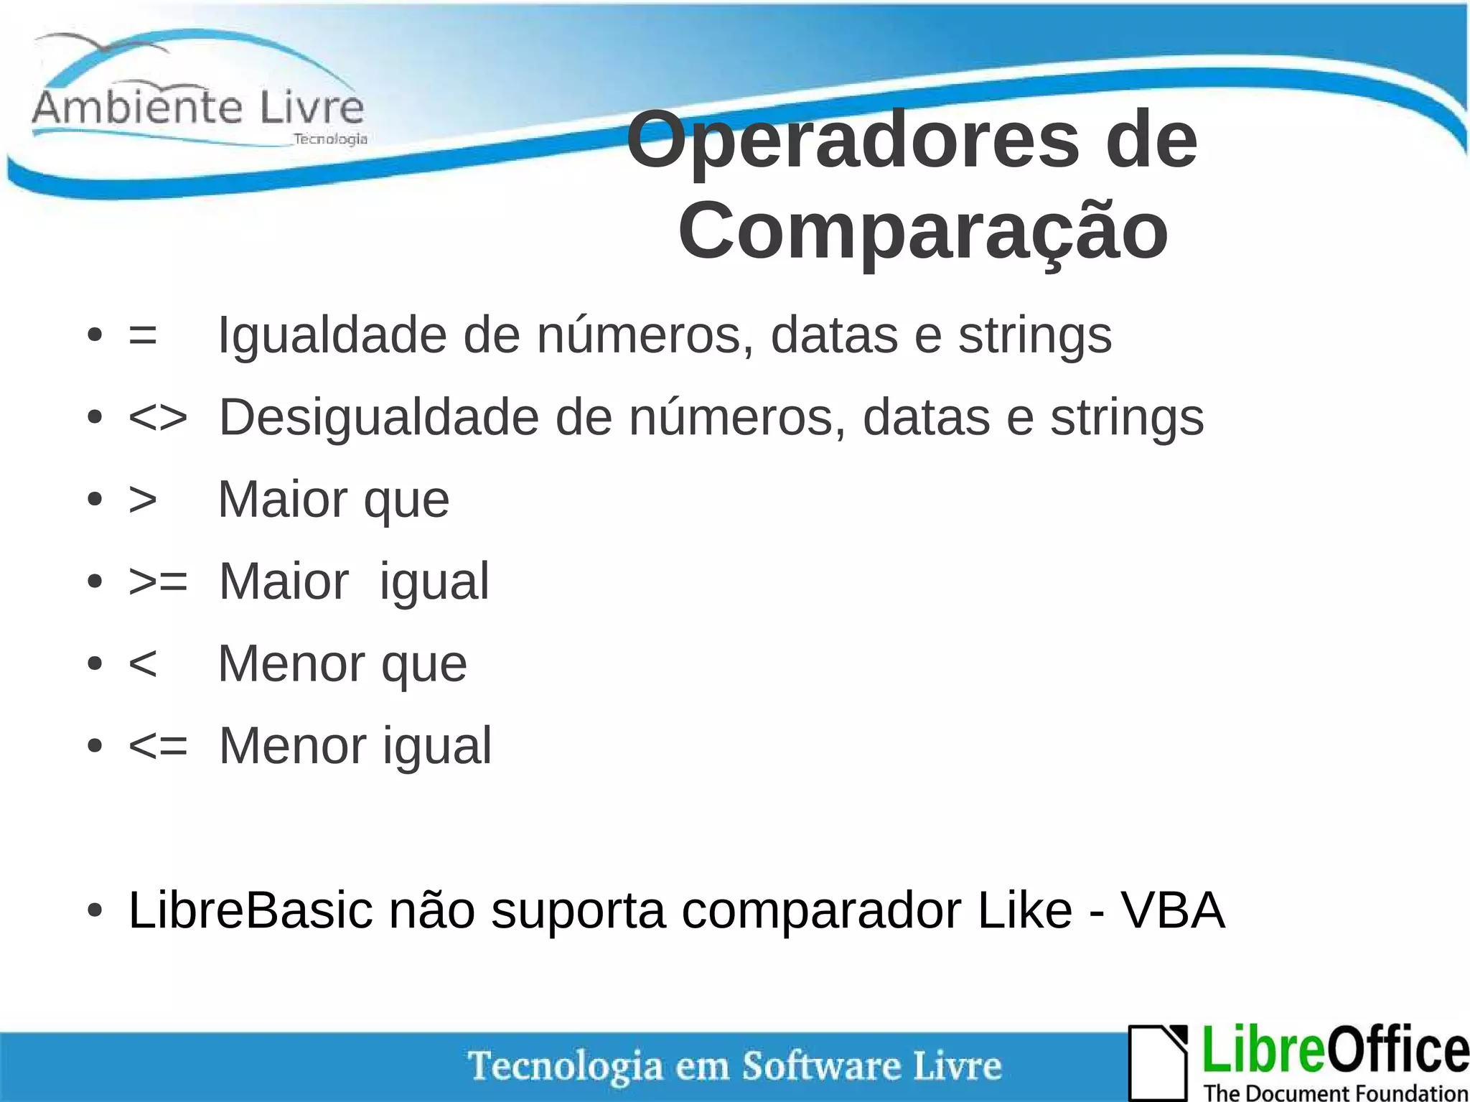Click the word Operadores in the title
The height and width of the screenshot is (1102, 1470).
(x=853, y=141)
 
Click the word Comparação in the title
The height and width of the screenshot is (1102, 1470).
(x=923, y=231)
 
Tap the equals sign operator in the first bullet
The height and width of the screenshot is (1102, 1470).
(x=142, y=335)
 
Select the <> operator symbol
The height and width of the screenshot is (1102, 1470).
(x=158, y=418)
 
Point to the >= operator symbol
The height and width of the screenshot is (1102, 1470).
(x=158, y=582)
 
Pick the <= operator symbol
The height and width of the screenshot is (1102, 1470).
(x=158, y=746)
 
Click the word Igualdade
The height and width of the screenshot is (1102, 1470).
(x=332, y=335)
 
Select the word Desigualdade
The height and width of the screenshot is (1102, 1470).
(x=378, y=418)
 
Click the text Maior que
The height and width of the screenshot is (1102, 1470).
(x=334, y=500)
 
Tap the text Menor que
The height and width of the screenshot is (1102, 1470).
(x=342, y=664)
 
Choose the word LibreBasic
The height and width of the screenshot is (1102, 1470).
(x=251, y=910)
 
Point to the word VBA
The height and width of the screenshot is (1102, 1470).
(x=1173, y=910)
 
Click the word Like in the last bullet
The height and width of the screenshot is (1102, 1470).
(x=1024, y=910)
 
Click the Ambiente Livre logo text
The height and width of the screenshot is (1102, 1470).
(x=198, y=108)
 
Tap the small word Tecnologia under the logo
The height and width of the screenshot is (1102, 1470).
(x=330, y=139)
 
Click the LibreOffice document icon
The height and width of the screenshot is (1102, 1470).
(x=1158, y=1061)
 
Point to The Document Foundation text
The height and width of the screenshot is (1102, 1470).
(x=1335, y=1092)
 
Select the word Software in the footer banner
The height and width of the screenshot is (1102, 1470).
(x=821, y=1065)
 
